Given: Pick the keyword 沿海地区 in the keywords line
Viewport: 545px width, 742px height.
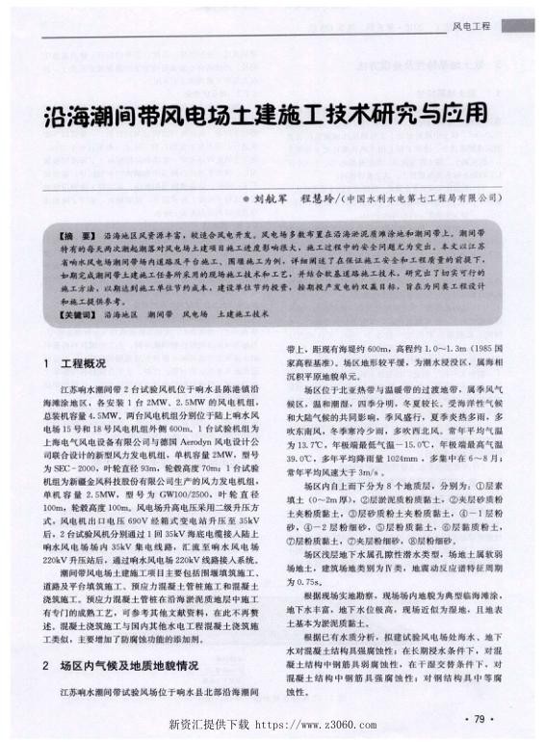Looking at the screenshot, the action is tap(120, 314).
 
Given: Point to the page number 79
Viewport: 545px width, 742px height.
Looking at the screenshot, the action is tap(479, 718).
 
